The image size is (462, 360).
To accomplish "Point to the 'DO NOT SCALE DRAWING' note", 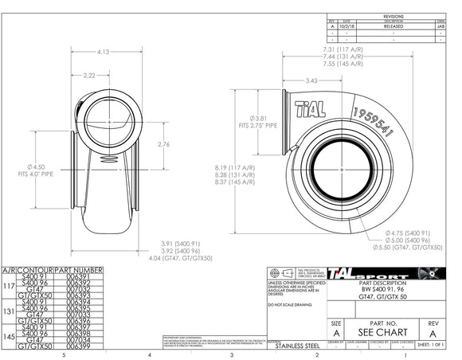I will (x=292, y=305).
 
